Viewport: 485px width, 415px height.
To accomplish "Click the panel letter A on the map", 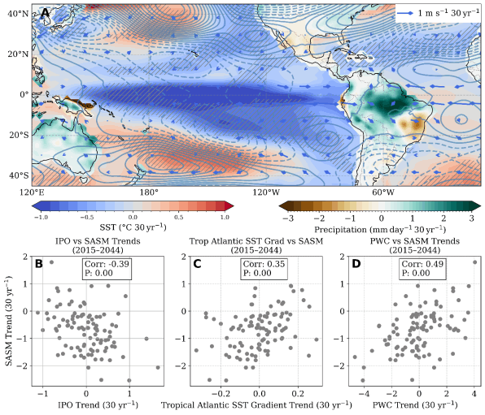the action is pos(45,13).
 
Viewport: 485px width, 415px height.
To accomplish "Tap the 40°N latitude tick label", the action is pos(18,14).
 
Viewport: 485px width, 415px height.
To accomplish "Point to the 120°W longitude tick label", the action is pos(266,192).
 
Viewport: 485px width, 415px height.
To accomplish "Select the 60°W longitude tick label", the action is pos(383,192).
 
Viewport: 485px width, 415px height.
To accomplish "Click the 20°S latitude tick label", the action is pos(19,136).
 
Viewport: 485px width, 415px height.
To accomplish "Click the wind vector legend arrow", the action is pos(405,13).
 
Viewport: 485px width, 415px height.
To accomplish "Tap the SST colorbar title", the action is pos(133,227).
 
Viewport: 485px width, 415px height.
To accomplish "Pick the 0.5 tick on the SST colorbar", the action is pos(178,218).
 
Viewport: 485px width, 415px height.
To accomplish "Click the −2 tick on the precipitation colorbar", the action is pos(319,218).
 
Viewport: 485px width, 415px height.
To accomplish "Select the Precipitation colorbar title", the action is pos(380,230).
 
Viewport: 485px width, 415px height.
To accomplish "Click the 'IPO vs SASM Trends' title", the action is pos(98,241).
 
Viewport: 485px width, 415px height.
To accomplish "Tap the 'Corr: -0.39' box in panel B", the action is pos(107,269).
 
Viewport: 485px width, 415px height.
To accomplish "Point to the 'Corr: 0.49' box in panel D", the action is pos(422,269).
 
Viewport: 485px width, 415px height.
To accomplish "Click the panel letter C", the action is pos(197,264).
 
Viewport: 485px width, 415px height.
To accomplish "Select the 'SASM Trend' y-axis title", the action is pos(9,321).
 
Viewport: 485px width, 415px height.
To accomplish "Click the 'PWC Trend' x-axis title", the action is pos(415,404).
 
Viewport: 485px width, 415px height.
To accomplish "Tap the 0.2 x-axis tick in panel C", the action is pos(298,394).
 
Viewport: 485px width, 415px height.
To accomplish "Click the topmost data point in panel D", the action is pos(475,262).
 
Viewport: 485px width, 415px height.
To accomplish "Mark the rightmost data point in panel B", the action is pos(158,367).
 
